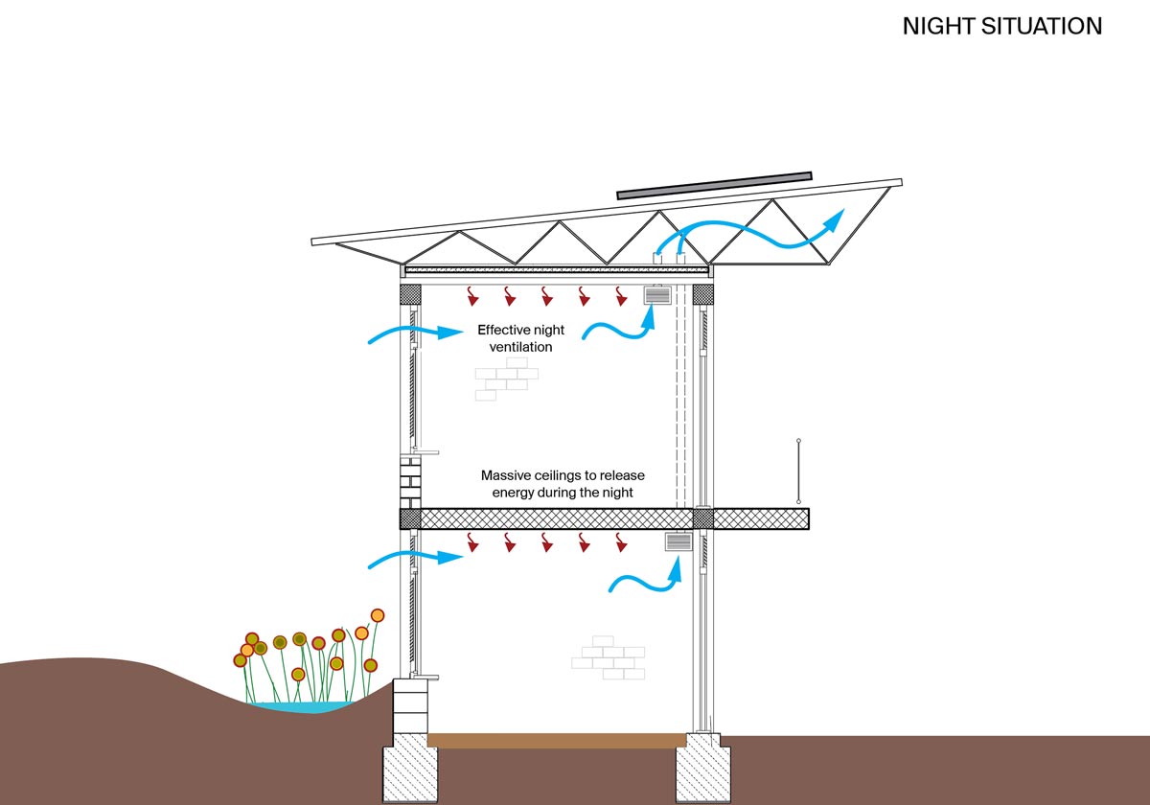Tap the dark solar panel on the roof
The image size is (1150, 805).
click(714, 185)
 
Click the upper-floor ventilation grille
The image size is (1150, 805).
click(657, 296)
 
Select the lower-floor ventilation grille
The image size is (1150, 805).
click(678, 543)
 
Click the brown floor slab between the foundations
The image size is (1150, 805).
click(557, 741)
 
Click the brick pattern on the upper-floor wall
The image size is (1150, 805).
click(501, 379)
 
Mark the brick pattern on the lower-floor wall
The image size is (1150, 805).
click(609, 656)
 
